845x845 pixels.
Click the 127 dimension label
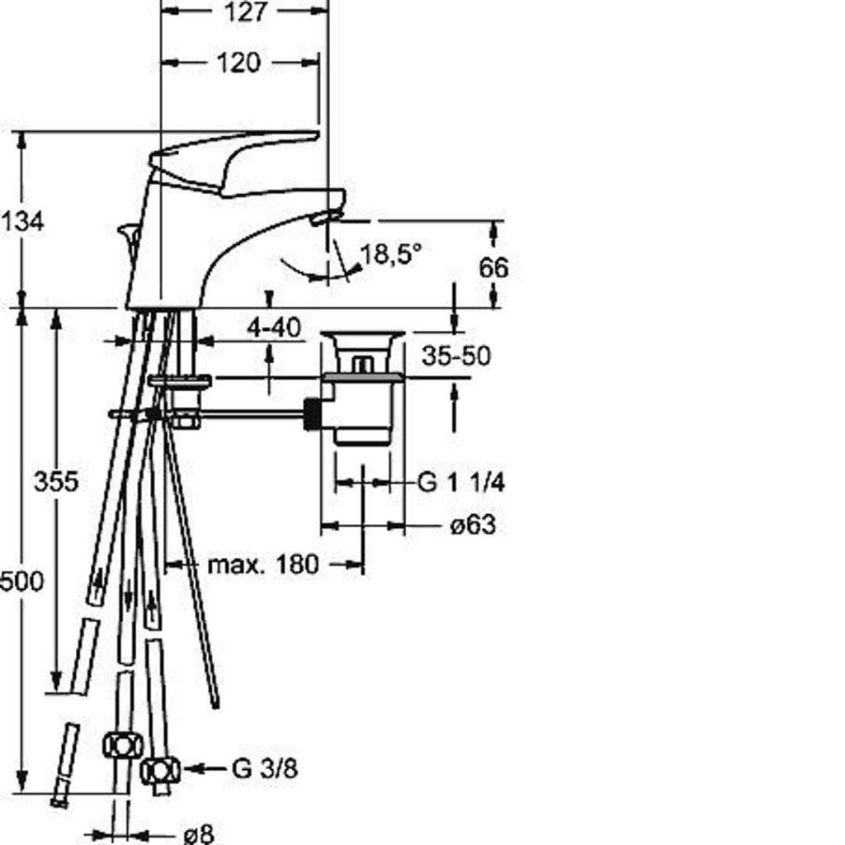(x=245, y=12)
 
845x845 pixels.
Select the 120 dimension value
(x=238, y=63)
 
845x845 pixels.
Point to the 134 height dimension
(x=21, y=221)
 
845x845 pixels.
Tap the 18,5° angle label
(x=391, y=253)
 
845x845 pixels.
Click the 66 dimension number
(x=493, y=268)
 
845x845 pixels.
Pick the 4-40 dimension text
(x=274, y=328)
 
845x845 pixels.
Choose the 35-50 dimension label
(x=456, y=356)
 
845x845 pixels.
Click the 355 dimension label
(x=56, y=481)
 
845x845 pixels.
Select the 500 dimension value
(x=21, y=582)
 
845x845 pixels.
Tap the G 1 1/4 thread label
(x=461, y=482)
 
